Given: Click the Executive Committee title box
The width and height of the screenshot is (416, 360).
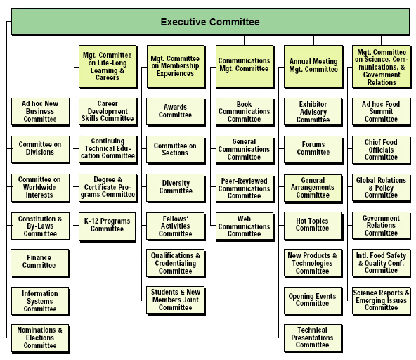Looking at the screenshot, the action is pos(210,22).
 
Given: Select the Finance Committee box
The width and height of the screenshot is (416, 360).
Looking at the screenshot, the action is pos(40,263).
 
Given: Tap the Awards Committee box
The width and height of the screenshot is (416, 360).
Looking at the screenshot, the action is pos(176,112).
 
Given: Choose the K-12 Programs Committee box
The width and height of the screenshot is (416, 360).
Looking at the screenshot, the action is pos(108,226).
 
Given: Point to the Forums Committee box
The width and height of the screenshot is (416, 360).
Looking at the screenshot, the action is pos(313,150).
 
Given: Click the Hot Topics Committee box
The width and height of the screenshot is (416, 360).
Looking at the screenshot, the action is pos(313,226).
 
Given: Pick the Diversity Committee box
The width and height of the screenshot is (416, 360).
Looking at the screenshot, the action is pos(176,188).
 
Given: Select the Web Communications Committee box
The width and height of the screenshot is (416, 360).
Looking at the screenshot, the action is pos(245,226).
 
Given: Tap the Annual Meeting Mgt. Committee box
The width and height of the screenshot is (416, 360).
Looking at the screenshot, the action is pos(313,66).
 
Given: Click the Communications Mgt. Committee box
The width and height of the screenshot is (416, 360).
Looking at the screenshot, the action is pos(245,66).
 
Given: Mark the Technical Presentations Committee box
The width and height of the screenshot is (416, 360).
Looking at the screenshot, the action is pos(313,338).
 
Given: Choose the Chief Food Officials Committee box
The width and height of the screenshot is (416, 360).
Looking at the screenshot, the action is pos(382,150).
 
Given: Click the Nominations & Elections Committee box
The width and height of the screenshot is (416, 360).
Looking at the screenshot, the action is pos(40,338).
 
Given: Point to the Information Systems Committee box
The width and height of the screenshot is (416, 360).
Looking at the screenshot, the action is pos(40,302).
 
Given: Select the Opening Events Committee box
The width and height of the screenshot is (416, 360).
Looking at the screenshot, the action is pos(313,301).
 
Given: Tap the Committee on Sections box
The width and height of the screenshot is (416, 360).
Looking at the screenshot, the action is pos(176,150).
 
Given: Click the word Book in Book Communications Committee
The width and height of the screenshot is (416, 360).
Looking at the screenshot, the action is pos(244,104).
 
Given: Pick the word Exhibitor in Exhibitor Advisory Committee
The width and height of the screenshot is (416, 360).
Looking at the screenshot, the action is pos(313,104).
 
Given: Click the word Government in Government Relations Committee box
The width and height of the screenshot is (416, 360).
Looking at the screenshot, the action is pos(381,218).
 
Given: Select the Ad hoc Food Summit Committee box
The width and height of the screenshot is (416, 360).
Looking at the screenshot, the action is pos(382,112).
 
